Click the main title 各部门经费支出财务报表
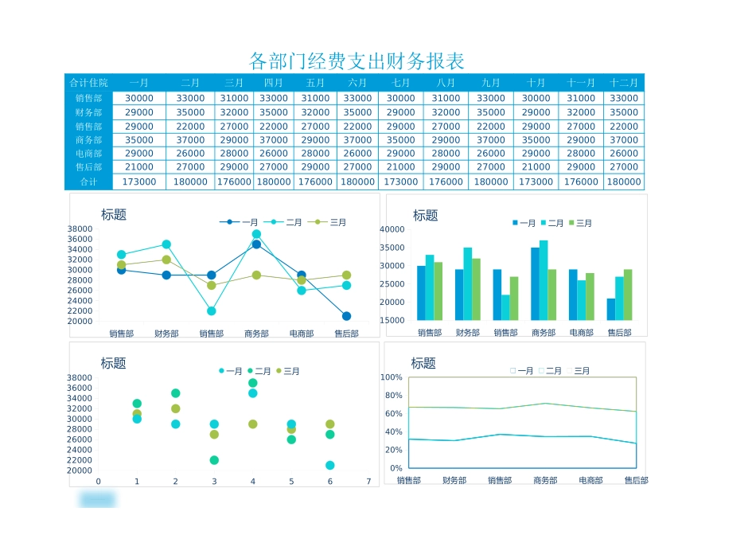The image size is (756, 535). pos(357,61)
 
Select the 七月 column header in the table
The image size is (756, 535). pos(401,83)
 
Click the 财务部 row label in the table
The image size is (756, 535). pos(88,112)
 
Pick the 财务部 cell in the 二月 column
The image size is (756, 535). pos(190,112)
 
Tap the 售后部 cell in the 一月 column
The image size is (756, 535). pos(139,167)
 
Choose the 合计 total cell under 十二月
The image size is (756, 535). pos(624,182)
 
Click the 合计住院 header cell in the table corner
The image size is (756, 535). pos(88,83)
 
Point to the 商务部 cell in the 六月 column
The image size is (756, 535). pos(357,140)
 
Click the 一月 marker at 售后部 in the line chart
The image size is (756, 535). pos(346,316)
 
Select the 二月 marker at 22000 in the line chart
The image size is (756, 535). pos(211,311)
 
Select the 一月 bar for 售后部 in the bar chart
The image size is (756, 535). pos(611,309)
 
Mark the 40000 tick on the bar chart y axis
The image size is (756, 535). pos(392,229)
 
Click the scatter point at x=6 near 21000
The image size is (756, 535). pos(329,465)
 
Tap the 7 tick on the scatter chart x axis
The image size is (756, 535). pos(368,481)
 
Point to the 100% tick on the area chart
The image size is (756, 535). pos(392,377)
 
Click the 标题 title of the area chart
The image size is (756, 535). pos(423,363)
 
